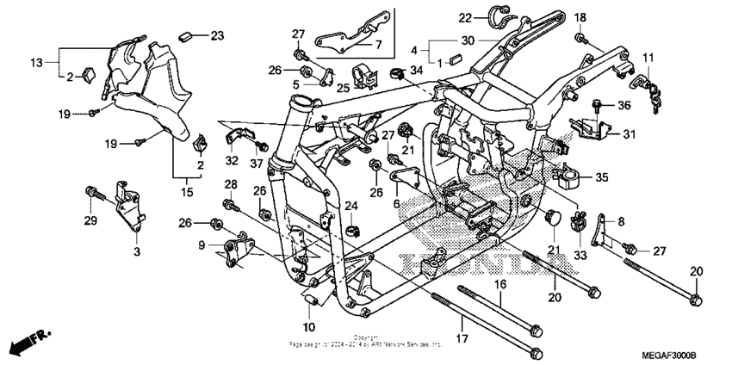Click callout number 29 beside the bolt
90,223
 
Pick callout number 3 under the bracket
135,252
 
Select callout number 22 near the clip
464,17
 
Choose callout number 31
629,133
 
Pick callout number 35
601,178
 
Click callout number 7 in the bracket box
375,44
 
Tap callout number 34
417,70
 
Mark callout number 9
201,246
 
